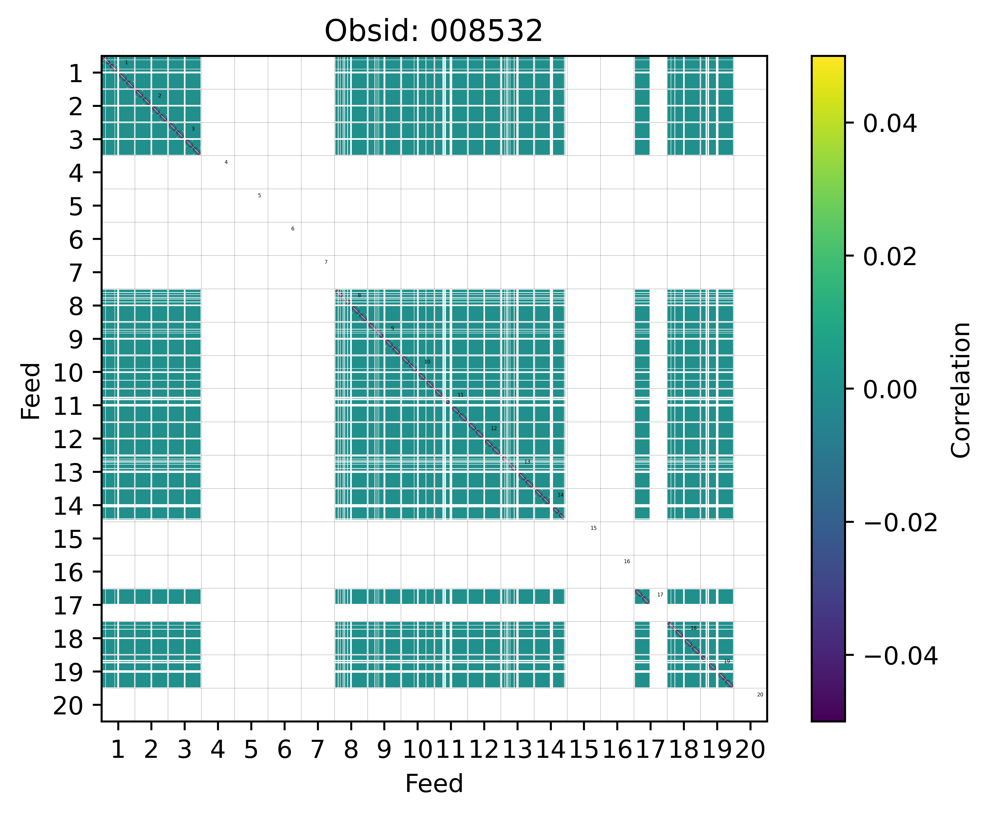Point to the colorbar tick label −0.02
pos(900,523)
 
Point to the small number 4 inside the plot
pos(226,163)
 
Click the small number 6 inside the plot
pos(292,229)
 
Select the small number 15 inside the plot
pos(593,528)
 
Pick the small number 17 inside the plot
pos(660,595)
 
